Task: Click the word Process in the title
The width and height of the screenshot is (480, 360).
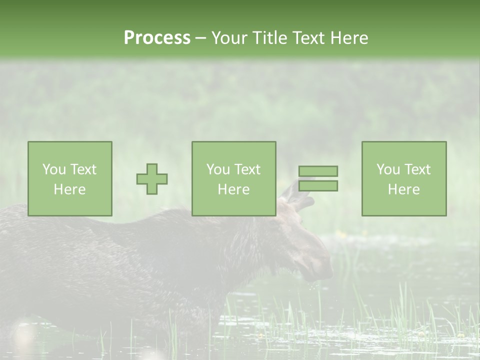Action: (157, 37)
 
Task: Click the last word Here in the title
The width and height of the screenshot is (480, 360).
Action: (349, 37)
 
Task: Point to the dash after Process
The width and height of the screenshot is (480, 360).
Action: (200, 38)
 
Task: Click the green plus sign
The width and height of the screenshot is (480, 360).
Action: (152, 179)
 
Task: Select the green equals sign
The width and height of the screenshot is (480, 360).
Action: (318, 178)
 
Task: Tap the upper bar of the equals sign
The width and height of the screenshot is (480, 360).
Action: (318, 171)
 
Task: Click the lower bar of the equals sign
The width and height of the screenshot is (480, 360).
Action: (318, 185)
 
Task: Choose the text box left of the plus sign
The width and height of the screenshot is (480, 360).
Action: (70, 178)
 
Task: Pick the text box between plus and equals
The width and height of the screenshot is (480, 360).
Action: (233, 178)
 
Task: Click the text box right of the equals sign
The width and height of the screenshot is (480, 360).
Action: (404, 178)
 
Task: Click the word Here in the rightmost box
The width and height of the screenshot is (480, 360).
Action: (404, 189)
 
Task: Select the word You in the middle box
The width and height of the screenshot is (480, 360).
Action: (218, 169)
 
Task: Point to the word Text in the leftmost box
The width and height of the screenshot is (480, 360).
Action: (83, 169)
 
